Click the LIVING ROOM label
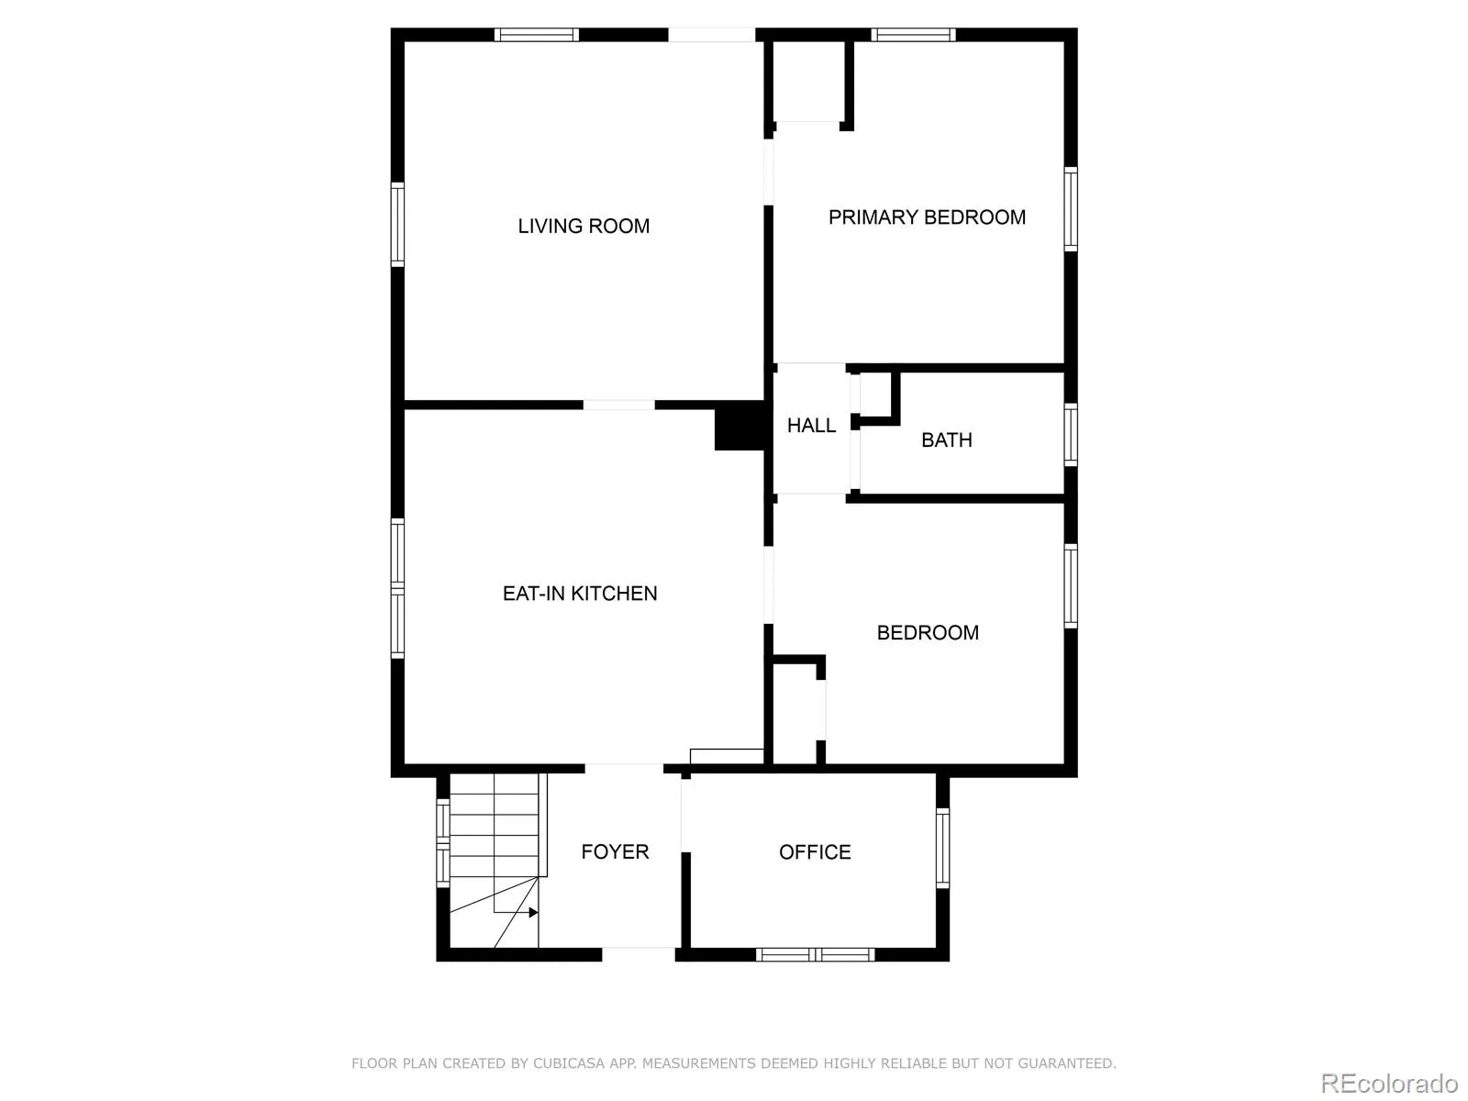[584, 226]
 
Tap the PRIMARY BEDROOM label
[927, 217]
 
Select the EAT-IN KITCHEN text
[580, 594]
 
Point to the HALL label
[811, 426]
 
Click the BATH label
[946, 440]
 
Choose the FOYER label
[615, 851]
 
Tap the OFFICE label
[815, 852]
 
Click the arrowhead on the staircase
[533, 912]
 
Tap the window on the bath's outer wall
[1071, 434]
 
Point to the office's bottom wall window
[815, 955]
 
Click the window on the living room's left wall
[397, 225]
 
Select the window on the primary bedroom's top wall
[913, 35]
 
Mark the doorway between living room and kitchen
[619, 405]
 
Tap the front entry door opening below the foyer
[639, 954]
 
